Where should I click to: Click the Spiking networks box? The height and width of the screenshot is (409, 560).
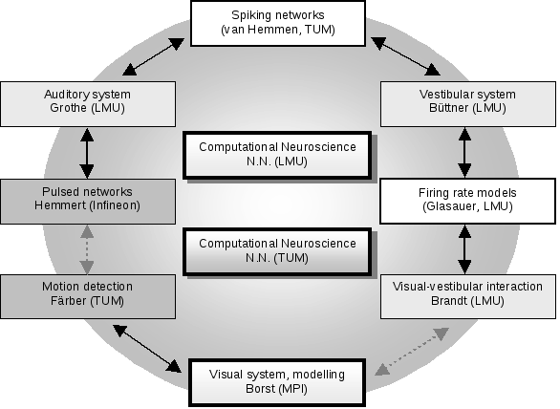(x=278, y=24)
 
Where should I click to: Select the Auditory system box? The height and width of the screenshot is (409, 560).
(x=88, y=104)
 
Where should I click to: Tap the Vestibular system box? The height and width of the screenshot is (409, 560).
(x=468, y=104)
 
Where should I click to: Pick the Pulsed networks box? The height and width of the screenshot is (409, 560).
(x=88, y=202)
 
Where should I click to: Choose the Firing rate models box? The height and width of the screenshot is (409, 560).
(x=468, y=202)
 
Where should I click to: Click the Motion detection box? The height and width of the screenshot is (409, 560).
(x=88, y=296)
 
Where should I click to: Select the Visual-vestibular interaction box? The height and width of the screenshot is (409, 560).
(x=468, y=296)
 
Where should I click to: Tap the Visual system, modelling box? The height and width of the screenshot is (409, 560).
(x=277, y=382)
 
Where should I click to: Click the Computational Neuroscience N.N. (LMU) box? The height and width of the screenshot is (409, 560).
(x=277, y=156)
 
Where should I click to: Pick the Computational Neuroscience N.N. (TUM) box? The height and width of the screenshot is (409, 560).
(x=277, y=252)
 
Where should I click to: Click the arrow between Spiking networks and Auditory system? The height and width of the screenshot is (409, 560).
(x=153, y=56)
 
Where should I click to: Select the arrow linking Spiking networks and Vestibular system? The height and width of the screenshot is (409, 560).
(x=405, y=56)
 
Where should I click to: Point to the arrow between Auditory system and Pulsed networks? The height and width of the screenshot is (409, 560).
(x=87, y=153)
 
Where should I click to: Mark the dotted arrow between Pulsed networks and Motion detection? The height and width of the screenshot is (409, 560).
(x=87, y=249)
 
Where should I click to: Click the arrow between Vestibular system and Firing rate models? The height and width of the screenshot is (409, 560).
(x=464, y=153)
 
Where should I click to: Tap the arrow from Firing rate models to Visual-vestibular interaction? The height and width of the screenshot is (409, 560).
(x=464, y=249)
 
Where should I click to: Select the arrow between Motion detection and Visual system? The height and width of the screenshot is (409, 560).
(x=147, y=349)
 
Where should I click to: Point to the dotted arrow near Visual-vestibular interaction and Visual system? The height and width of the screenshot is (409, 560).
(x=412, y=352)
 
